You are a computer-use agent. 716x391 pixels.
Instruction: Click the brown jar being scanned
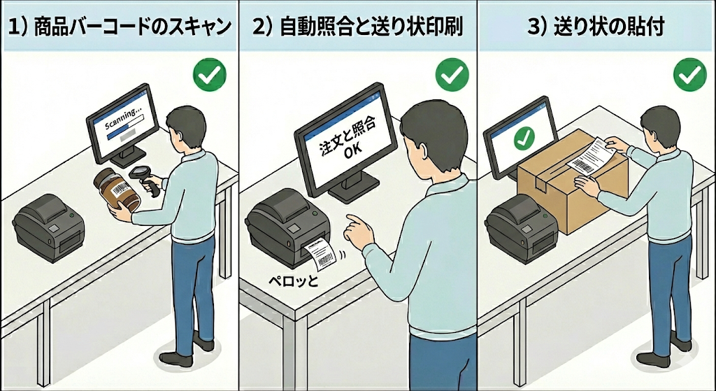(x=117, y=190)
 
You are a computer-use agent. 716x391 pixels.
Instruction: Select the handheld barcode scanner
(x=147, y=180)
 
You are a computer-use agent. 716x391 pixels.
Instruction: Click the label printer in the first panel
(x=48, y=227)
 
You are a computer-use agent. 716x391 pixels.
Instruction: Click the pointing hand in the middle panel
(x=361, y=231)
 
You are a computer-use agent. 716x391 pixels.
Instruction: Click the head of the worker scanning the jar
(x=185, y=127)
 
